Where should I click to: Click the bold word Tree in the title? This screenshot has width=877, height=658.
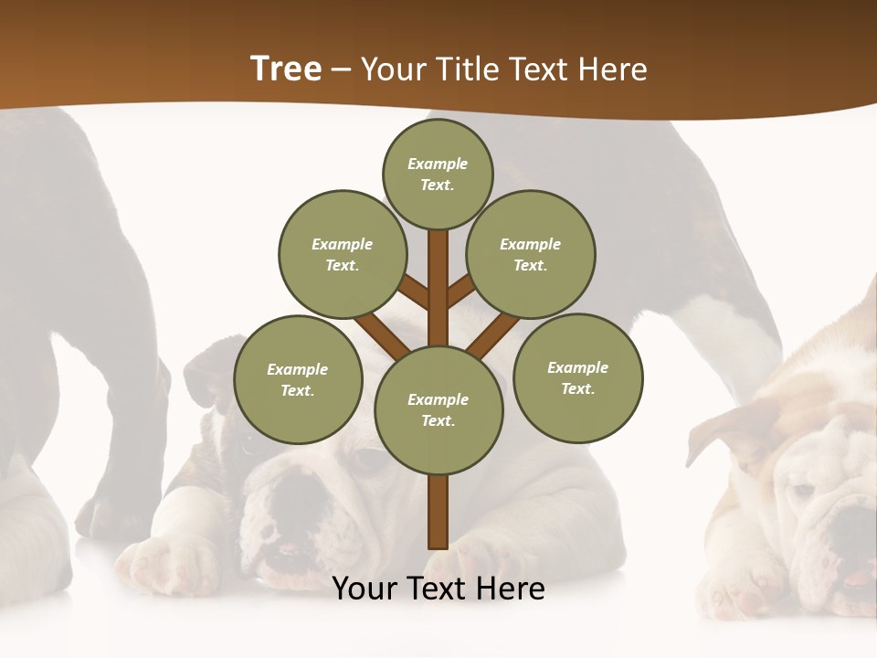(286, 69)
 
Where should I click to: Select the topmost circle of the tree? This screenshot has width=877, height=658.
(438, 174)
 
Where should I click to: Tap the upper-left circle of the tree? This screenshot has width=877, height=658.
(342, 254)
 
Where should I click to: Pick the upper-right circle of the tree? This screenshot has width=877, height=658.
(531, 254)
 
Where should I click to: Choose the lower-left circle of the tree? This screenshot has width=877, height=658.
(298, 379)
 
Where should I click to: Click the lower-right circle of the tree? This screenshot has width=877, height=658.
(577, 377)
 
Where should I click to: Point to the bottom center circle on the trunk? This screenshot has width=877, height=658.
(438, 410)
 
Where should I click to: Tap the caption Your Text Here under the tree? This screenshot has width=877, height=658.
(438, 589)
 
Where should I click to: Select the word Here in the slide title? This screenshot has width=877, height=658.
(614, 69)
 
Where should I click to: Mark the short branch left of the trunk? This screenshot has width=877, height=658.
(414, 292)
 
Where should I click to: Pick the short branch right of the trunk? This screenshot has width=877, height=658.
(461, 291)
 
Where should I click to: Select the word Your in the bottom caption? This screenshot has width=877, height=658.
(365, 589)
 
